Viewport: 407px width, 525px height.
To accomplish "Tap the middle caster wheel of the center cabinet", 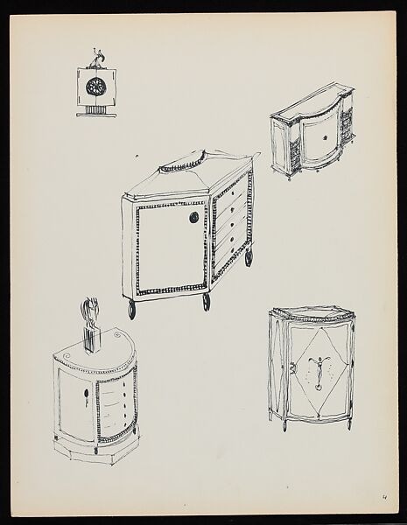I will [x=207, y=302].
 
